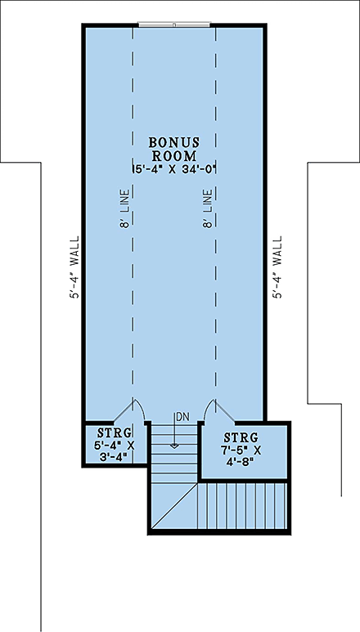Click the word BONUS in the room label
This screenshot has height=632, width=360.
coord(174,143)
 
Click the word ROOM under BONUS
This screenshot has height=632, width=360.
coord(174,156)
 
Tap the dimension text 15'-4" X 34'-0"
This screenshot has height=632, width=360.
coord(174,169)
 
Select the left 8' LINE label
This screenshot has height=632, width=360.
coord(124,208)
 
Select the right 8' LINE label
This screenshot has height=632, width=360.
coord(208,208)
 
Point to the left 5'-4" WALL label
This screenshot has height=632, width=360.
coord(75,267)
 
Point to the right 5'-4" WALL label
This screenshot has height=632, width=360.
coord(277,267)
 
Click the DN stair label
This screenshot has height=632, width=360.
coord(182,417)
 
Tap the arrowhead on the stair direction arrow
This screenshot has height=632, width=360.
coord(174,446)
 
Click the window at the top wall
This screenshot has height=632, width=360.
coord(174,25)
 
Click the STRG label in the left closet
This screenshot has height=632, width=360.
coord(115,433)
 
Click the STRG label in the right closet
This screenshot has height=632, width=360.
coord(241,437)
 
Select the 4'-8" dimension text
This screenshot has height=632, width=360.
coord(242,462)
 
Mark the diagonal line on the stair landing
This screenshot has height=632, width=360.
coord(175,506)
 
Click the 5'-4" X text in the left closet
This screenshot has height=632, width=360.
coord(114,446)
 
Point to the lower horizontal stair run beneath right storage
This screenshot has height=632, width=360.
coord(242,506)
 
